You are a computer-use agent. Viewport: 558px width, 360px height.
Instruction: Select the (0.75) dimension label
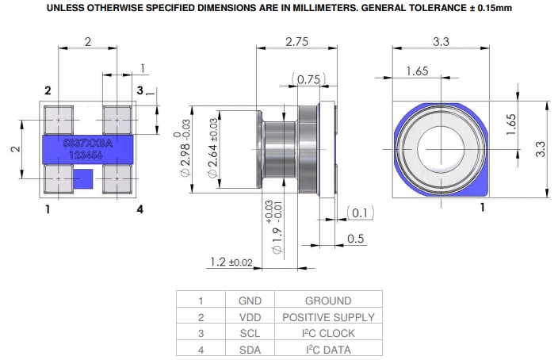(308, 79)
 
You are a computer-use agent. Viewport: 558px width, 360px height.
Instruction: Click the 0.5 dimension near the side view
(355, 239)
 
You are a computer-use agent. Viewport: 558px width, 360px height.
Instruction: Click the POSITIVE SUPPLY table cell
(328, 317)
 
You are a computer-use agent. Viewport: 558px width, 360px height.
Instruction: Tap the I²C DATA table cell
(328, 350)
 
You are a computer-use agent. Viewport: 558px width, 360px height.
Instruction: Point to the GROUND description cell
(328, 301)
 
